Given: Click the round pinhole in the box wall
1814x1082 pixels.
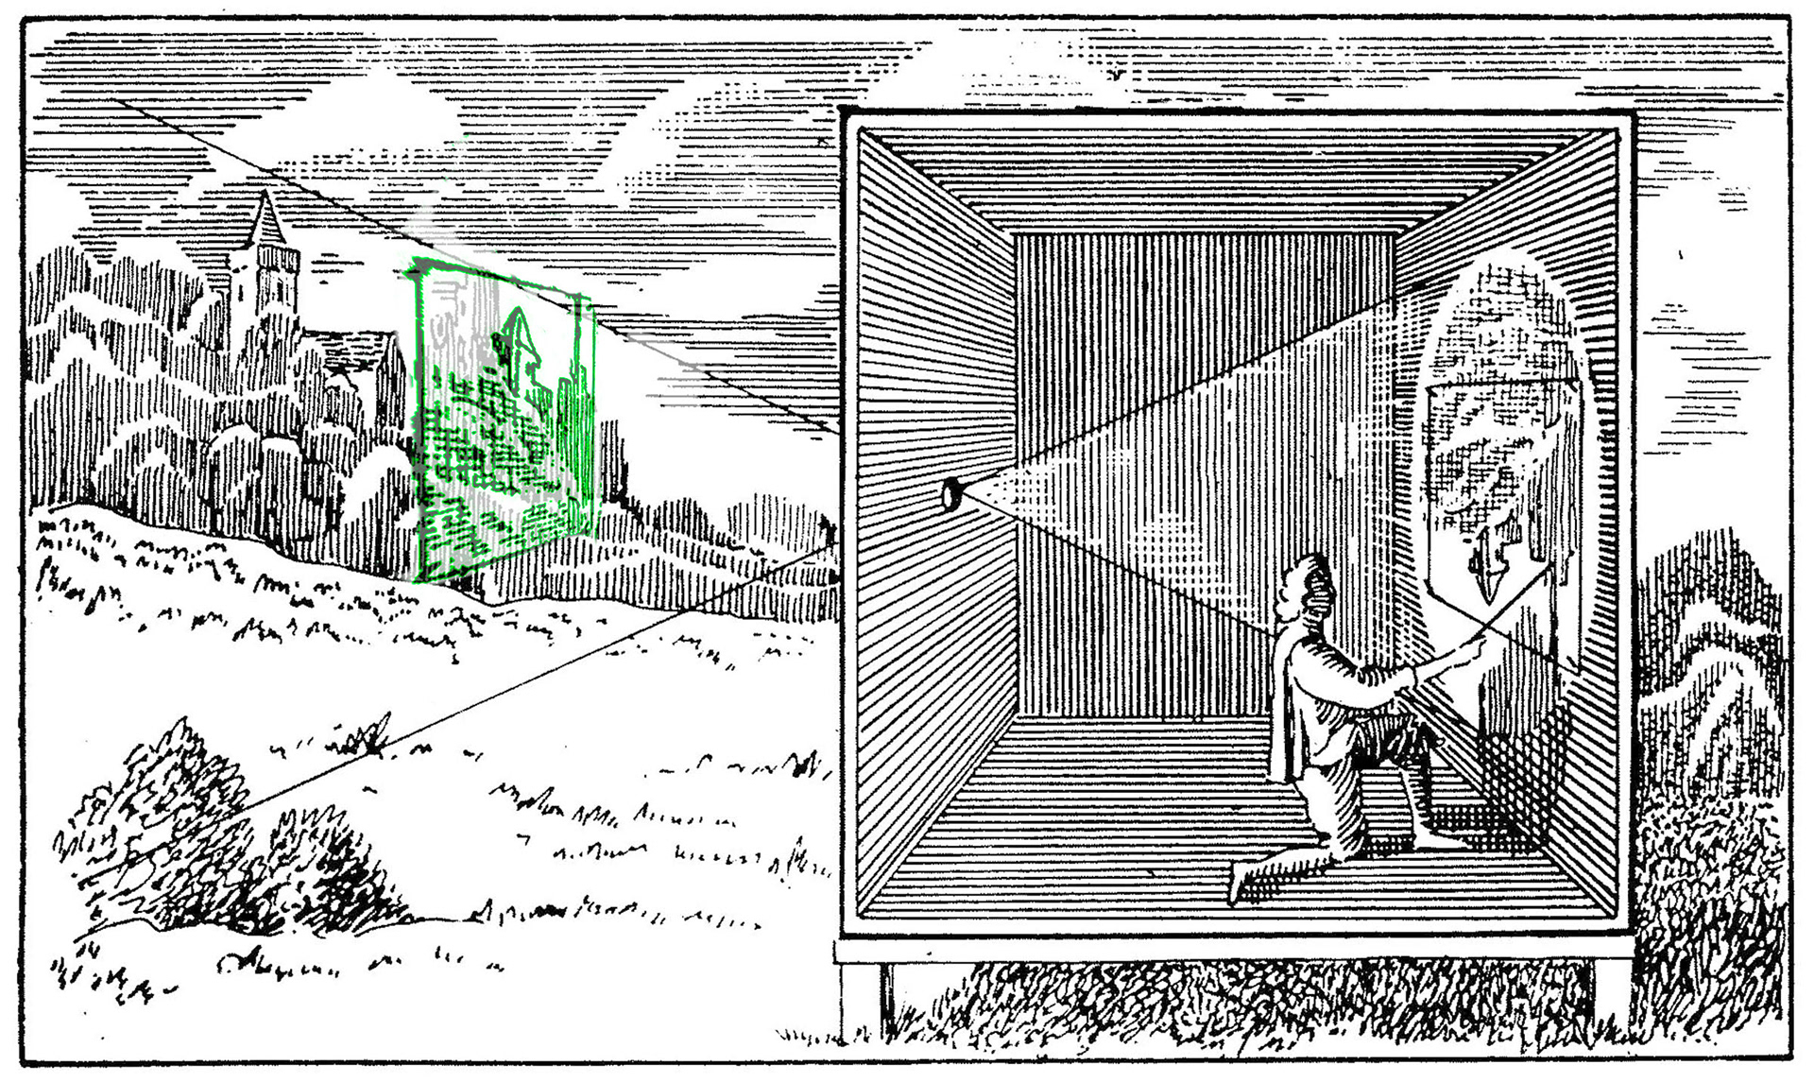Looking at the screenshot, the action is click(x=952, y=493).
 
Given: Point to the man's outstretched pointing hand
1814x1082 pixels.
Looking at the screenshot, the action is click(x=1470, y=646).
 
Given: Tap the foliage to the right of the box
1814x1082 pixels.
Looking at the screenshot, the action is click(x=1710, y=756).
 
